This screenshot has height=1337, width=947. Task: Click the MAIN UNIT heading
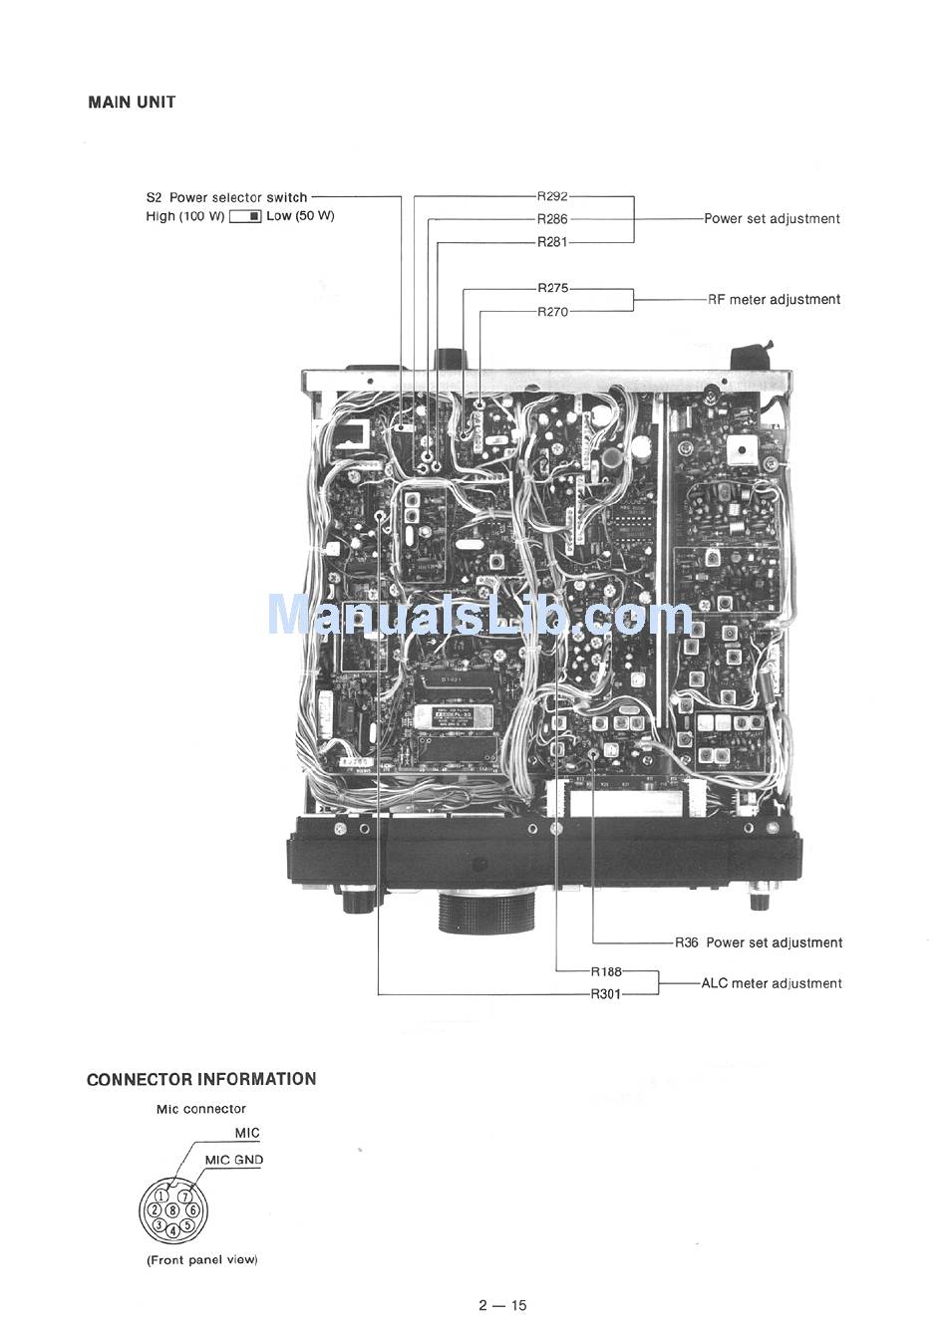pyautogui.click(x=132, y=102)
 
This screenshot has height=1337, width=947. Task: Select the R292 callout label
pyautogui.click(x=552, y=196)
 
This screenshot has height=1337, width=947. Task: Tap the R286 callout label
pyautogui.click(x=552, y=219)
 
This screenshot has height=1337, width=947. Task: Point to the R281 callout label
pyautogui.click(x=552, y=242)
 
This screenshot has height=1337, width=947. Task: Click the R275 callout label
pyautogui.click(x=552, y=288)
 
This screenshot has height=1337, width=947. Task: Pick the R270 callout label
pyautogui.click(x=552, y=312)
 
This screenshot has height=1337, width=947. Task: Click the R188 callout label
pyautogui.click(x=606, y=971)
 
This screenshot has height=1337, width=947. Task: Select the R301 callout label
pyautogui.click(x=606, y=993)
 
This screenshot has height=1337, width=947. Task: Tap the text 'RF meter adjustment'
pyautogui.click(x=774, y=299)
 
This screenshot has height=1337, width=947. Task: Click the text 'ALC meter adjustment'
pyautogui.click(x=772, y=983)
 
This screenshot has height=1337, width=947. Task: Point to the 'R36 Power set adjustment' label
pyautogui.click(x=759, y=942)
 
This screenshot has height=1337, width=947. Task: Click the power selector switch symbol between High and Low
pyautogui.click(x=245, y=216)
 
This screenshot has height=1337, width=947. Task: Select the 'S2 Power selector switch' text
pyautogui.click(x=226, y=197)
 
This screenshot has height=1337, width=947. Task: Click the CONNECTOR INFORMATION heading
pyautogui.click(x=201, y=1079)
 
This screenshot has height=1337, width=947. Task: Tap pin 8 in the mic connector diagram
pyautogui.click(x=172, y=1209)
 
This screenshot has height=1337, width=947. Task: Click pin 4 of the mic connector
pyautogui.click(x=172, y=1230)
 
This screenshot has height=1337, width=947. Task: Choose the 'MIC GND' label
pyautogui.click(x=234, y=1160)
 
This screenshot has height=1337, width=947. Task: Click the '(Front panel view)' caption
pyautogui.click(x=201, y=1259)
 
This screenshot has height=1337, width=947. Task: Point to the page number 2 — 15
pyautogui.click(x=501, y=1305)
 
